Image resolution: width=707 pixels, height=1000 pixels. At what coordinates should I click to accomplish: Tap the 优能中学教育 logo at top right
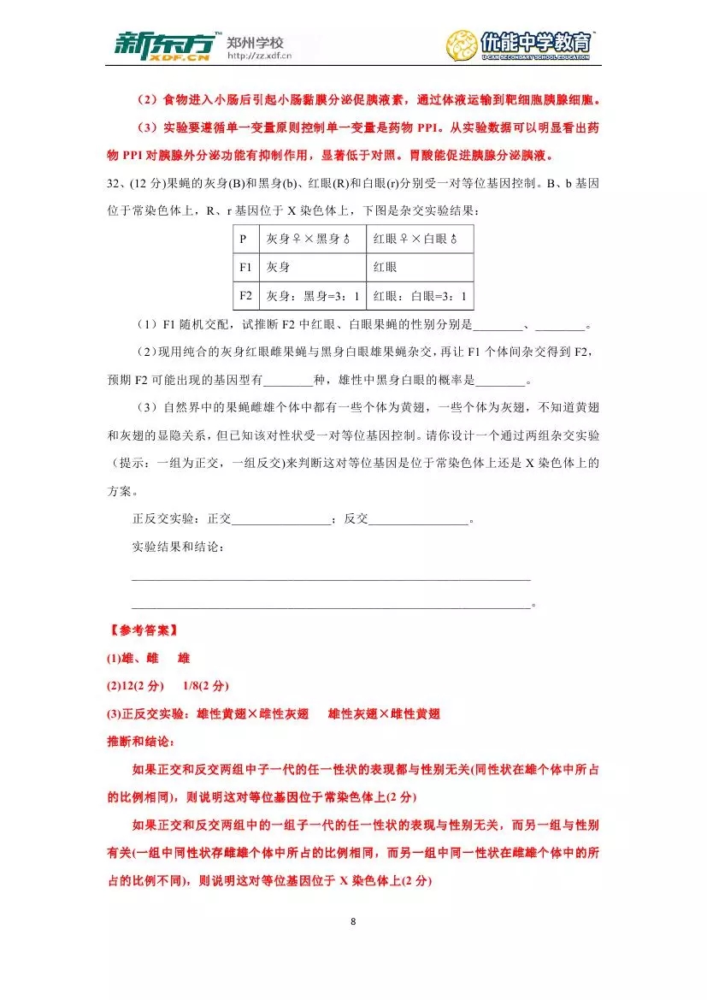pyautogui.click(x=519, y=45)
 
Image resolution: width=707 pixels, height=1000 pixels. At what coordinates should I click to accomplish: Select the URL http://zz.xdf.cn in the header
pyautogui.click(x=259, y=57)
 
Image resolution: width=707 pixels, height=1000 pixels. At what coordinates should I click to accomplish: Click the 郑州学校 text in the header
pyautogui.click(x=255, y=42)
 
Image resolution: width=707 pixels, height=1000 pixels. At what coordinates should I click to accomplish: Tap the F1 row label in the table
pyautogui.click(x=245, y=267)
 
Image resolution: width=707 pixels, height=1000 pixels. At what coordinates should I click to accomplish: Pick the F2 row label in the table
pyautogui.click(x=245, y=296)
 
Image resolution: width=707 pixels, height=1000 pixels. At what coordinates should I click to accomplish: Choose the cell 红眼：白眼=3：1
pyautogui.click(x=420, y=296)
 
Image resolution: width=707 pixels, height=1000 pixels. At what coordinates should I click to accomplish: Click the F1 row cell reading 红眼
pyautogui.click(x=386, y=267)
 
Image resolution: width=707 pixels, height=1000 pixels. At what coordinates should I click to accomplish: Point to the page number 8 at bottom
pyautogui.click(x=353, y=921)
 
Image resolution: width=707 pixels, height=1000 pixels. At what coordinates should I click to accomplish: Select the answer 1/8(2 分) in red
pyautogui.click(x=206, y=686)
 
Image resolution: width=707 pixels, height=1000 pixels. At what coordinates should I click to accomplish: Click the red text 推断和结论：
pyautogui.click(x=141, y=742)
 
